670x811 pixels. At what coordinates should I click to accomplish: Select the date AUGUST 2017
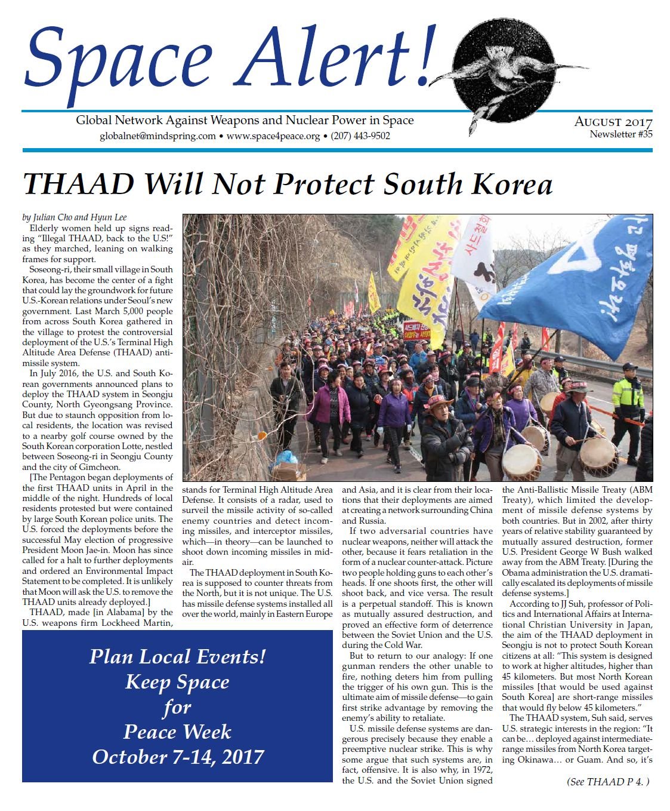[x=613, y=122]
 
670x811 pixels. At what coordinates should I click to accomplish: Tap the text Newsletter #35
[x=620, y=134]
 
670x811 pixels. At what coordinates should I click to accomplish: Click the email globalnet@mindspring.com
[x=158, y=136]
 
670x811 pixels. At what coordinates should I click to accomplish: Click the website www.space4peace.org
[x=273, y=136]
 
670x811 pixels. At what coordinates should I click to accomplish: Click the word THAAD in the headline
[x=79, y=184]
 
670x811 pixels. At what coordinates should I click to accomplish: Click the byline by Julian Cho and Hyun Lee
[x=75, y=217]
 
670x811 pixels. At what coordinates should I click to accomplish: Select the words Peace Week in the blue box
[x=177, y=732]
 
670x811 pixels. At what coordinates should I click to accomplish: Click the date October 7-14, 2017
[x=177, y=757]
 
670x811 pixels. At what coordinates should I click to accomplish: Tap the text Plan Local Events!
[x=177, y=656]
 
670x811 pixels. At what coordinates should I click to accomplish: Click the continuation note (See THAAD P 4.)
[x=607, y=781]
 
